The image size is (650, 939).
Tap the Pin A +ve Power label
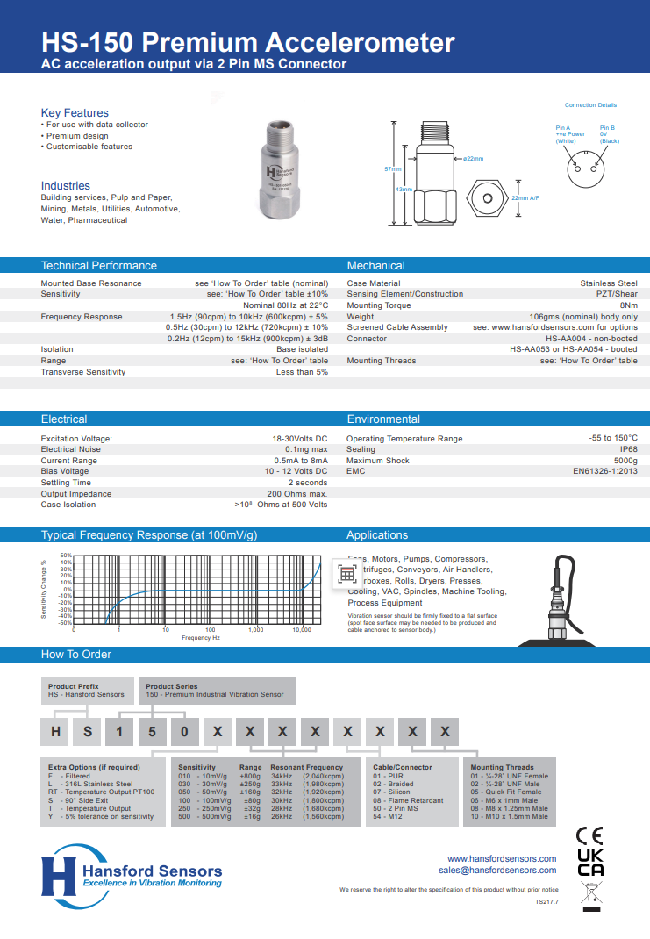click(x=569, y=134)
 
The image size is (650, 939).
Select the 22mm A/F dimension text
click(x=525, y=198)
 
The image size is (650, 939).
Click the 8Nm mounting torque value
click(x=629, y=305)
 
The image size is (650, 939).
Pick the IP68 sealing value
click(x=628, y=449)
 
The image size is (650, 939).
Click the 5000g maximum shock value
click(x=625, y=461)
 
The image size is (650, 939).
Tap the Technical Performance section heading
click(x=99, y=266)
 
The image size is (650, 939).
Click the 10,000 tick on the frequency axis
click(x=302, y=630)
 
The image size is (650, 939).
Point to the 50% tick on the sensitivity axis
click(x=66, y=556)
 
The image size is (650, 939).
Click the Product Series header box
click(x=217, y=690)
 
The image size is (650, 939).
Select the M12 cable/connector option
click(x=390, y=816)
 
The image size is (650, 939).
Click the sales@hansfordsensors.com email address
click(x=497, y=871)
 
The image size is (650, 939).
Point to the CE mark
click(x=589, y=835)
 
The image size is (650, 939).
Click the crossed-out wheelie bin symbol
click(x=589, y=895)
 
